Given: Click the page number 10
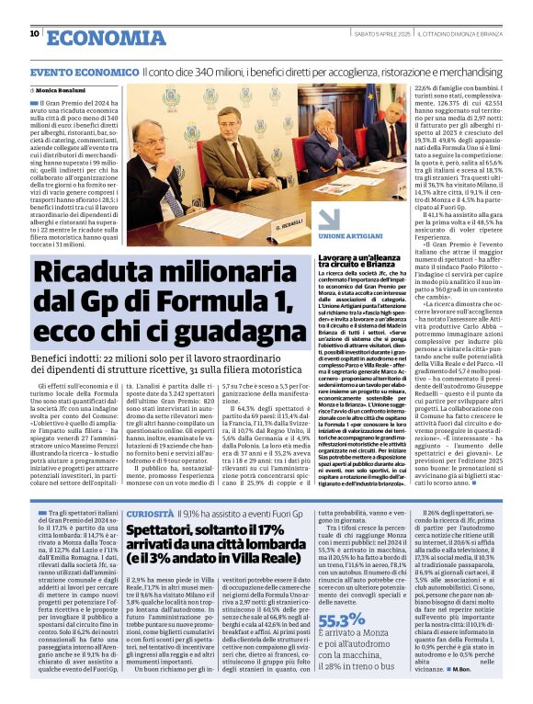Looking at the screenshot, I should [34, 34].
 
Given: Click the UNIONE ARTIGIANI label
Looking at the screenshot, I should [346, 236].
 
